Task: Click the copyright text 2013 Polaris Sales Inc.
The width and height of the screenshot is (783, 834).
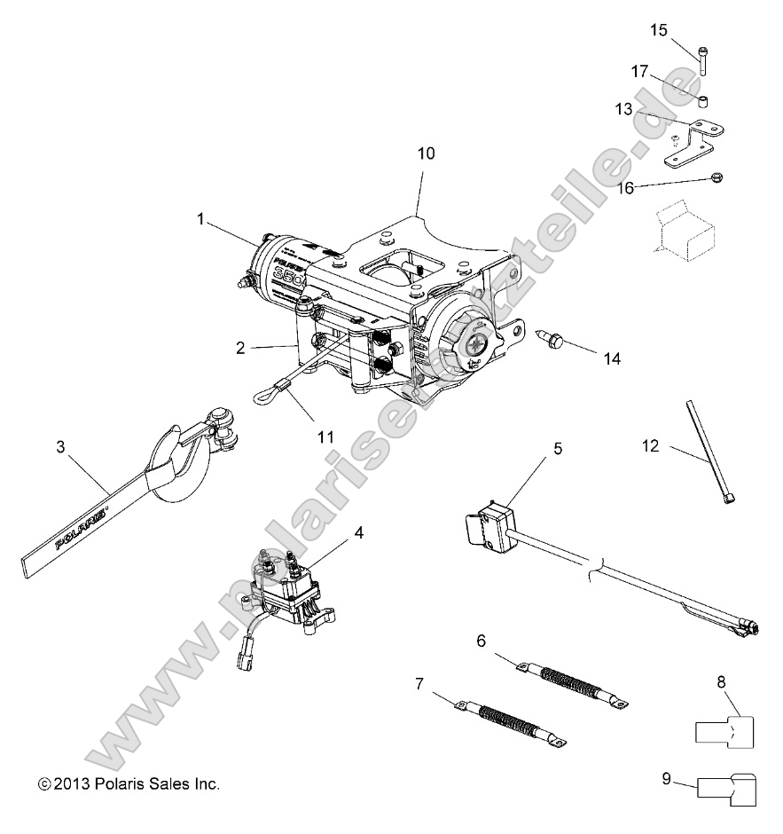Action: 129,784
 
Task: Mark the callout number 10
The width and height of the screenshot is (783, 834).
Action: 426,153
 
